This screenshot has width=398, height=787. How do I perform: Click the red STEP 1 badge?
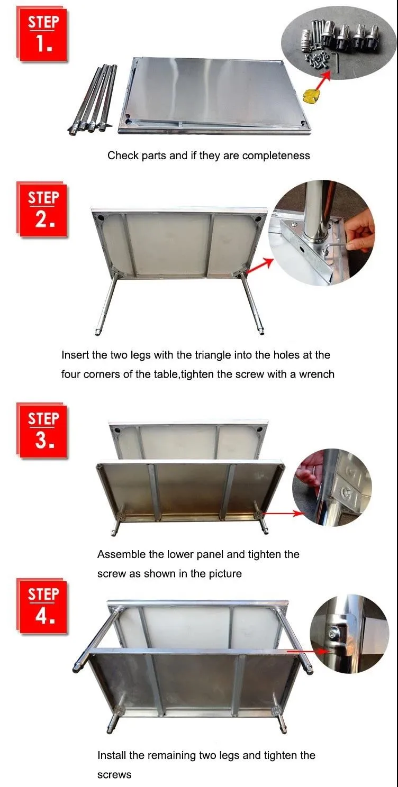tap(42, 35)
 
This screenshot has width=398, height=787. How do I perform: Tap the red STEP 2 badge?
tap(42, 211)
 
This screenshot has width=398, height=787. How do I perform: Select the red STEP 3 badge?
tap(42, 431)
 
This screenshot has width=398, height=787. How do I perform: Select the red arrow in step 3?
tap(283, 514)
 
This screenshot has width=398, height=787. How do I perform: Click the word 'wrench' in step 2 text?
tap(316, 374)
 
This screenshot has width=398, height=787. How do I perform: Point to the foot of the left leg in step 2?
tap(97, 332)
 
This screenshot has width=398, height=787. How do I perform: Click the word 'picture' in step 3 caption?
tap(225, 574)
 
